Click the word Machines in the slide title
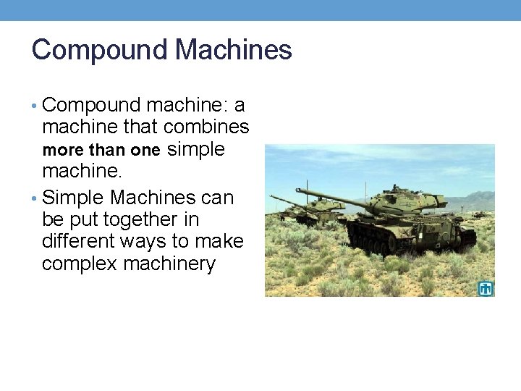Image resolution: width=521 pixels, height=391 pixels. tap(234, 51)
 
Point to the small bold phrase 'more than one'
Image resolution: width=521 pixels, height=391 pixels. tap(101, 151)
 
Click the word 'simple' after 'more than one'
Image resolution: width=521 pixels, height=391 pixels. tap(196, 149)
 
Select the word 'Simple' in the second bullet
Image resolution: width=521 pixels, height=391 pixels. tap(73, 197)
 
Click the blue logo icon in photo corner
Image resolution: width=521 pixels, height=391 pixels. tap(486, 288)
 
